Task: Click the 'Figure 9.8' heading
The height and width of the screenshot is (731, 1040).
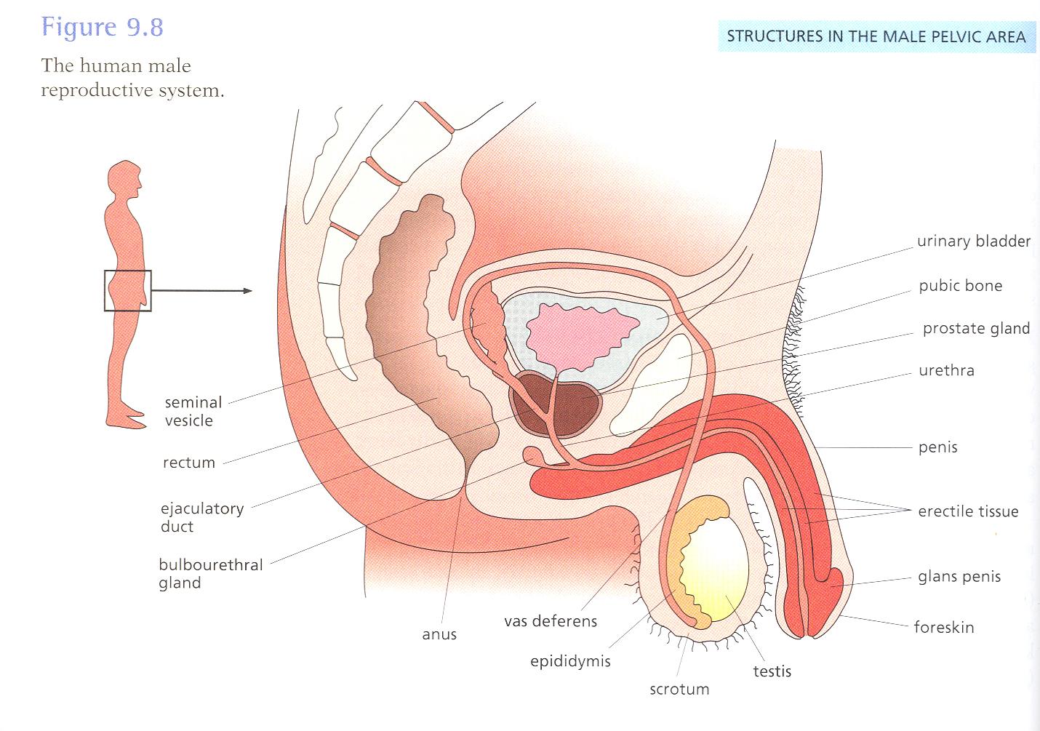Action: point(103,28)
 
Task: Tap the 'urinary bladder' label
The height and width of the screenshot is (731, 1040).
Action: point(973,241)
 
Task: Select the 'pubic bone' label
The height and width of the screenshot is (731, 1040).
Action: point(960,286)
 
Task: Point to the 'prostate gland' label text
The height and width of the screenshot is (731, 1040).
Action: point(976,329)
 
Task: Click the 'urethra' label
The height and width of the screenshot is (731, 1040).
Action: point(946,371)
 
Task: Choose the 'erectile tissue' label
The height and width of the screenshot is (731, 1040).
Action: point(967,512)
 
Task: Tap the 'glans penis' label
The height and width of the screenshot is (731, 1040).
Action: point(959,578)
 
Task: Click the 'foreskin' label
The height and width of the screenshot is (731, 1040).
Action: point(943,628)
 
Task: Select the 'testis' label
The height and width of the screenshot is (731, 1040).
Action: point(772,671)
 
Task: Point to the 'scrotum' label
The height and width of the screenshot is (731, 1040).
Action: point(679,690)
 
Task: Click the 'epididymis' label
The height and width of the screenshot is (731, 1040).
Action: point(570,662)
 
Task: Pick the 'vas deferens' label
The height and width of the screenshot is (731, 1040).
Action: point(550,622)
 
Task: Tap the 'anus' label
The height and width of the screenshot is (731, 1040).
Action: point(439,635)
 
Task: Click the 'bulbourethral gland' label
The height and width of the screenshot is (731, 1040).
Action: point(210,574)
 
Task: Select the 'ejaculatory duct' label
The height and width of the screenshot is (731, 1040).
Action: point(201,517)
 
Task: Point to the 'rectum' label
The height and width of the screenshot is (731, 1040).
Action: point(188,463)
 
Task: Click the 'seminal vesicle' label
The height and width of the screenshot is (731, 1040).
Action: point(193,411)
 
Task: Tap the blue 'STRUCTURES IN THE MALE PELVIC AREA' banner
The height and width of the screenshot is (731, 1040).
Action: point(876,36)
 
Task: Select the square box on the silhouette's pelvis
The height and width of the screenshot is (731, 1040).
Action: point(127,291)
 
